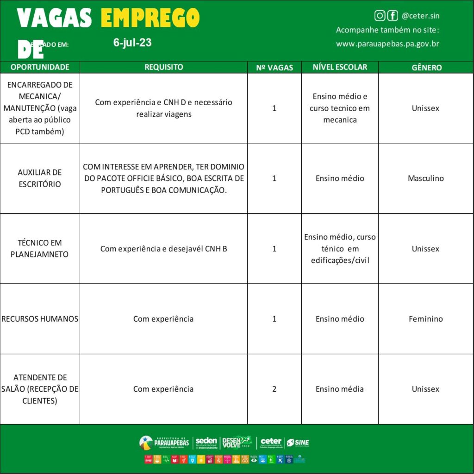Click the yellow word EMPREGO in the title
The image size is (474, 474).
(150, 19)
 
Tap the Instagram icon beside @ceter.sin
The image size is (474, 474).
(380, 16)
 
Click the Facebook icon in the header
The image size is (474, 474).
(393, 16)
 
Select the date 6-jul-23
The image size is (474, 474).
(132, 43)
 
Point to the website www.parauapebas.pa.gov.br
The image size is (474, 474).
(387, 44)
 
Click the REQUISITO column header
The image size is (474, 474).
(163, 67)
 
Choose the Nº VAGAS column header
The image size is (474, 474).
(274, 68)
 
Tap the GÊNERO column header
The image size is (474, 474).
(426, 68)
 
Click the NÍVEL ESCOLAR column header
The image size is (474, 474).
(340, 67)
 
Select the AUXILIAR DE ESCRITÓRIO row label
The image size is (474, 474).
(39, 178)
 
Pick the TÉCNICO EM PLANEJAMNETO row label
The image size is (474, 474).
(39, 249)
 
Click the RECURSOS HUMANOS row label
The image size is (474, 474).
(40, 319)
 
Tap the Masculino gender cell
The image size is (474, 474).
(426, 178)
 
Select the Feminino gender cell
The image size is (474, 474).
(426, 319)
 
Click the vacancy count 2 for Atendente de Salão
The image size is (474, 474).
(274, 389)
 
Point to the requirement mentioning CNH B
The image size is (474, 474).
(163, 249)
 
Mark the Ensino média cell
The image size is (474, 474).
(340, 389)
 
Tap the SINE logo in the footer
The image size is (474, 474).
(298, 443)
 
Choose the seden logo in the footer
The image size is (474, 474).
(206, 443)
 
